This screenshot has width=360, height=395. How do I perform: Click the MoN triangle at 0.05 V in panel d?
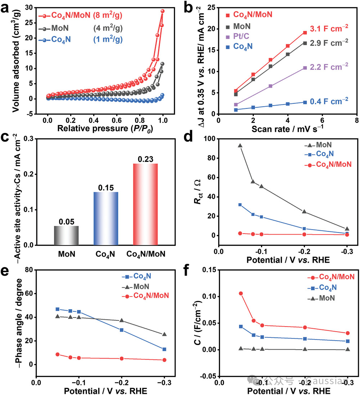pos(240,146)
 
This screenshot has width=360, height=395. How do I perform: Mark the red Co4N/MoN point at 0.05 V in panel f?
pos(241,293)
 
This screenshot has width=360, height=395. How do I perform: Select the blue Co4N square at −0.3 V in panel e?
pos(165,349)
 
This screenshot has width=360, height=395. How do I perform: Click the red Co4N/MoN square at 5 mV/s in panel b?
pos(305,33)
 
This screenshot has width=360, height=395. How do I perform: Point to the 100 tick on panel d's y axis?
pos(210,139)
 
